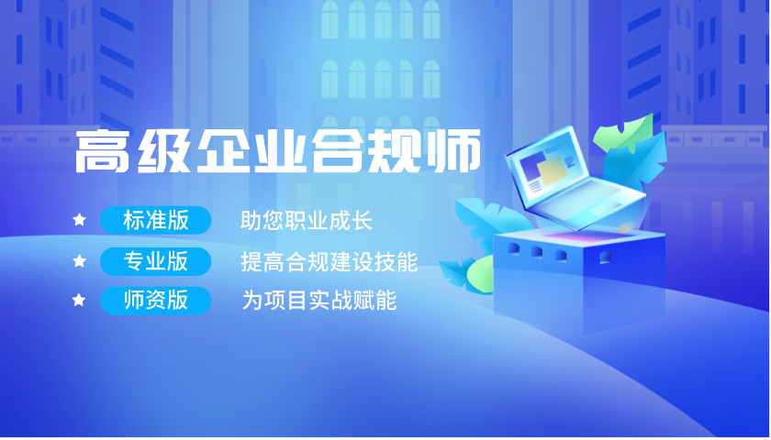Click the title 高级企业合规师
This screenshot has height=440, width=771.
click(277, 150)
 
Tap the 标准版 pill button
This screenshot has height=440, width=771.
click(155, 220)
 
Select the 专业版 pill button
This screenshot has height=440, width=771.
click(155, 261)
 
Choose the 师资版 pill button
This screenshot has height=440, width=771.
click(155, 300)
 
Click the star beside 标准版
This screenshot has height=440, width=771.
click(79, 219)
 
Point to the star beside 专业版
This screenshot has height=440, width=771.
click(79, 260)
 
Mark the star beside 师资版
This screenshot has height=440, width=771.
click(79, 300)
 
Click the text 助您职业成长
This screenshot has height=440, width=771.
click(306, 221)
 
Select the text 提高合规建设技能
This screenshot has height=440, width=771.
click(329, 262)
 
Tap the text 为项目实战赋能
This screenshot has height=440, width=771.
click(319, 301)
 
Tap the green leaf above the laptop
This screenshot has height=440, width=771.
click(623, 133)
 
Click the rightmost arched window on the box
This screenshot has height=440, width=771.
click(605, 258)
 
